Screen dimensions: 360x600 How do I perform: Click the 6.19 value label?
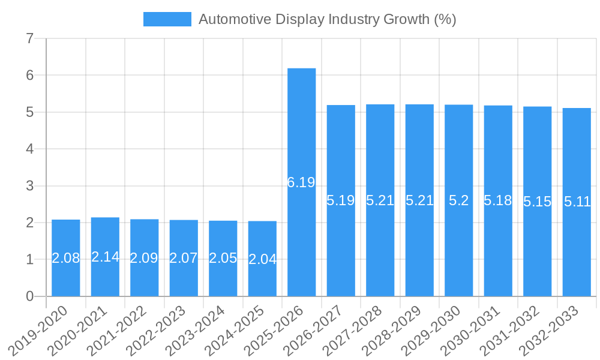point(301,182)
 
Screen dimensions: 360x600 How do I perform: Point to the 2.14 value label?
point(105,257)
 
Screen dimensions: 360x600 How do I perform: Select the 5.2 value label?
point(458,200)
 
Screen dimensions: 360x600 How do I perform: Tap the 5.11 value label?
point(577,202)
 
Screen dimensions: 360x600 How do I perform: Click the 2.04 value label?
point(262,259)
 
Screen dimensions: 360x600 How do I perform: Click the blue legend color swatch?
point(167,19)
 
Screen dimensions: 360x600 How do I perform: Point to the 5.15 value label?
point(537,202)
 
